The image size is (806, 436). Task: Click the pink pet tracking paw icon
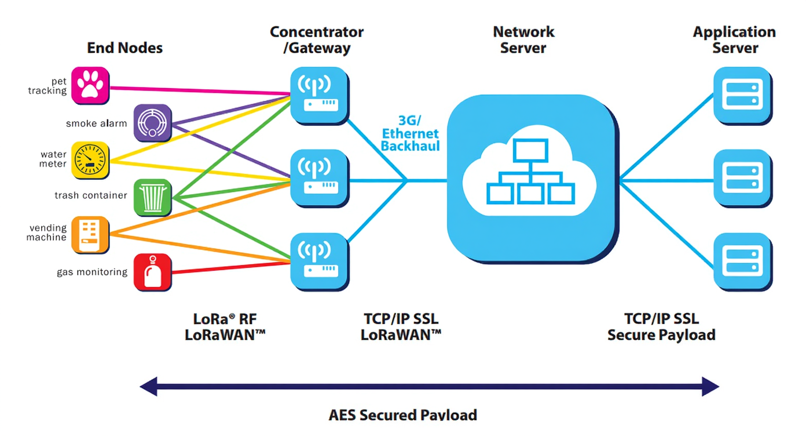pos(90,85)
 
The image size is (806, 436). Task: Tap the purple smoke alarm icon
pos(152,123)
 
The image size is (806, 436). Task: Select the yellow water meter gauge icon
pos(90,160)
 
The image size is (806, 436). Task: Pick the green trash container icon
pos(152,198)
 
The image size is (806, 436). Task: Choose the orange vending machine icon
pos(90,235)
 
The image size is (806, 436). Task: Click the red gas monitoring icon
pos(152,272)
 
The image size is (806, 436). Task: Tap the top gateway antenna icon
pos(319,96)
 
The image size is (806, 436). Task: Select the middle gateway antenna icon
pos(319,179)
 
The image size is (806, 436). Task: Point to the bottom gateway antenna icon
pos(319,261)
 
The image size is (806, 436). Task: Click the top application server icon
pos(743,96)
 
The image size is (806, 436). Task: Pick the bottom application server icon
pos(743,261)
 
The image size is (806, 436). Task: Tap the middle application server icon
pos(743,179)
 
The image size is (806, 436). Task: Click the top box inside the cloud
pos(530,150)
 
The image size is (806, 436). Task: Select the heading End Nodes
pos(124,48)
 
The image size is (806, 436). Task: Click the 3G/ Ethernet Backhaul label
pos(410,133)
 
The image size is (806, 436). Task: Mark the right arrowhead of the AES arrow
pos(710,387)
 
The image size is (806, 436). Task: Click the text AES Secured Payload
pos(402,415)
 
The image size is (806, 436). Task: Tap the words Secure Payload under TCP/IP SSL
pos(661,335)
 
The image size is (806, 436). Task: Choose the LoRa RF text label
pos(225,319)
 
